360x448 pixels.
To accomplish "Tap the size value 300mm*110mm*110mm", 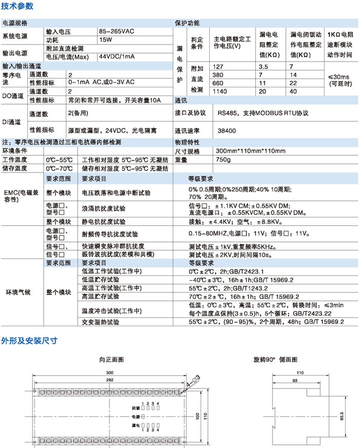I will coord(250,152).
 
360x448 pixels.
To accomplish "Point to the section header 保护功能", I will coord(187,23).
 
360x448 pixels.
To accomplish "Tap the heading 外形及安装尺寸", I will coord(29,340).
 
